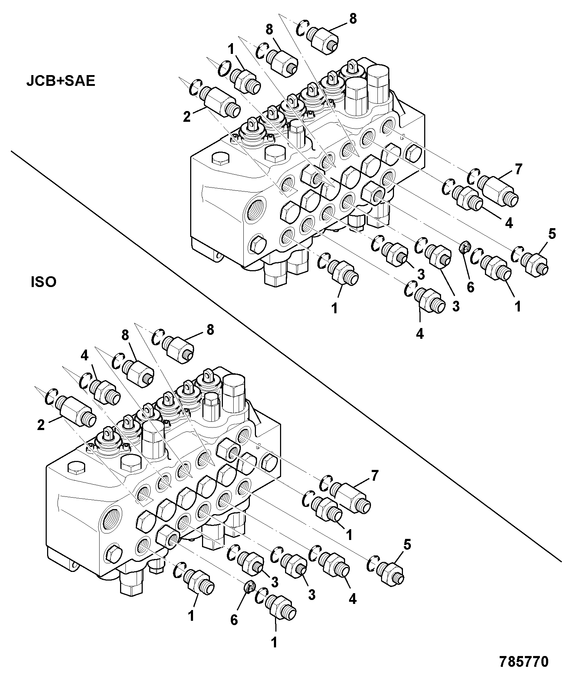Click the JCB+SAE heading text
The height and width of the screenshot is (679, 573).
coord(61,81)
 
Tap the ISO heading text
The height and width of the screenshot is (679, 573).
coord(43,282)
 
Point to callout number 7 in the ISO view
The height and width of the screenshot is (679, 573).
coord(375,476)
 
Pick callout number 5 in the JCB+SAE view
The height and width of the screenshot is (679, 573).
coord(552,234)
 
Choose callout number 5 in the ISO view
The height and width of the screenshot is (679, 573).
coord(407,545)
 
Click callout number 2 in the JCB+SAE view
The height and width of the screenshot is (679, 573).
coord(187,117)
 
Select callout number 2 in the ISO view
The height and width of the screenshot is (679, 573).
coord(41,425)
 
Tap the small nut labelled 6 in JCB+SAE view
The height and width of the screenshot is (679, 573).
coord(465,247)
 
